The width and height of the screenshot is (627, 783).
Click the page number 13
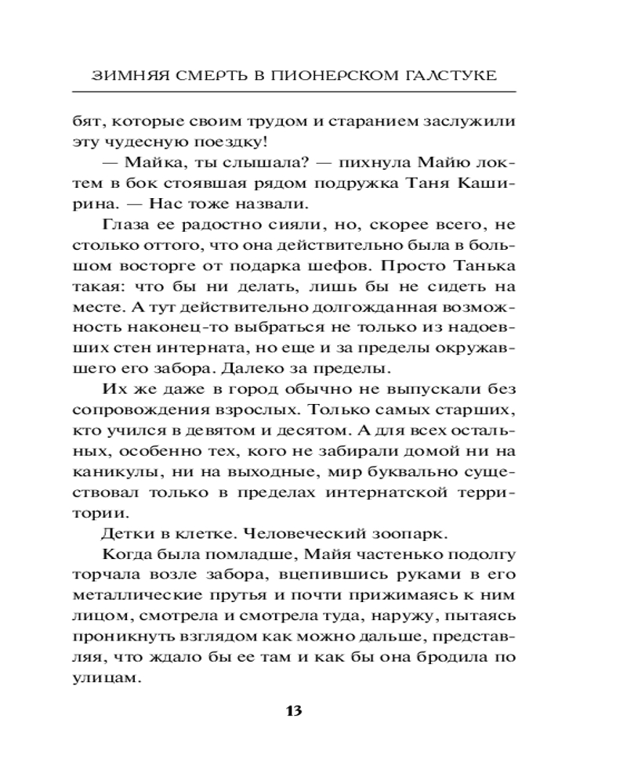click(294, 711)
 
